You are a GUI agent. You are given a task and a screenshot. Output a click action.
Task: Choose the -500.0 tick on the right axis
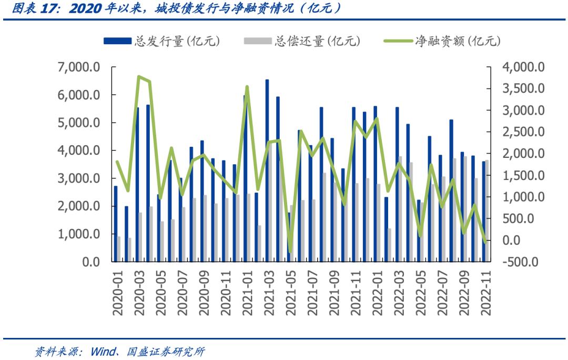521,262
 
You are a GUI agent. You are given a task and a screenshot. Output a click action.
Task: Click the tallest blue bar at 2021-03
267,171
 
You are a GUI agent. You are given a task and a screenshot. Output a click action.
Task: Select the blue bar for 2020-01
116,224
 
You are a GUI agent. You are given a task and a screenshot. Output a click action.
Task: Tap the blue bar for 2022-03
397,184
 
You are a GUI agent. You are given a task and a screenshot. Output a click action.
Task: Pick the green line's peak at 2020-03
139,77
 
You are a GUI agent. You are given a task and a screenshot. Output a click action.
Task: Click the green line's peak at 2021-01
247,87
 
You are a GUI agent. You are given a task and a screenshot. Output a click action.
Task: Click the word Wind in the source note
102,351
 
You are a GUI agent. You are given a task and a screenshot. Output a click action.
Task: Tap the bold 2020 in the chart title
84,8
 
